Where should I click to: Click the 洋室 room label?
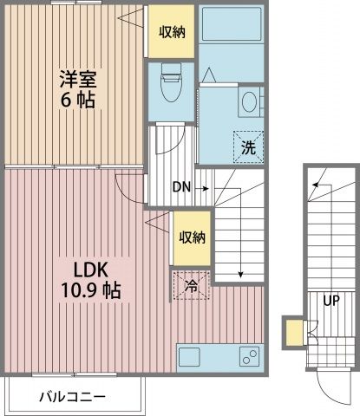coord(76,79)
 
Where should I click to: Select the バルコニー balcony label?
coord(73,398)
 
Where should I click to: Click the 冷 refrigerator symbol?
coord(192,285)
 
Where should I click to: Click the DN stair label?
coord(181,186)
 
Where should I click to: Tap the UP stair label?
coord(331,302)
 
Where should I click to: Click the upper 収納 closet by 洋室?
coord(170,32)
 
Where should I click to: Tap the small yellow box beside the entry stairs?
coord(294,332)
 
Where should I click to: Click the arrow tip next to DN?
coord(209,186)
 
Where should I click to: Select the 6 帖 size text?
coord(76,101)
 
